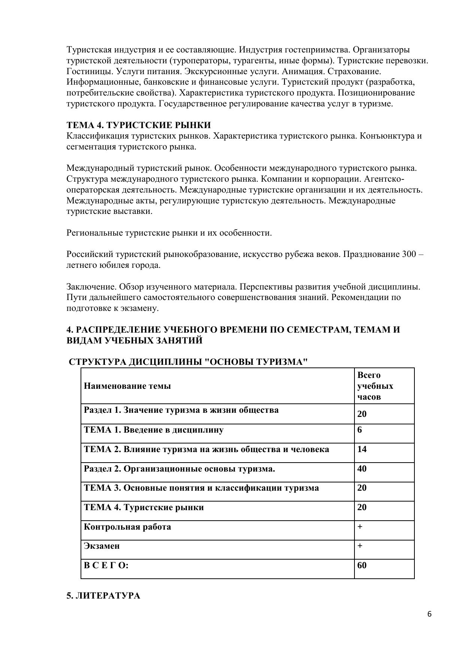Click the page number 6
(429, 614)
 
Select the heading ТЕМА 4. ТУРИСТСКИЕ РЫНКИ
(139, 125)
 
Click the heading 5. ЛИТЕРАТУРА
(103, 596)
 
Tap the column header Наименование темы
(127, 386)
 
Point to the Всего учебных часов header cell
(375, 386)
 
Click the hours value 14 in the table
(362, 449)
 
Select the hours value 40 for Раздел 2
(362, 469)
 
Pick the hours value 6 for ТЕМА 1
(360, 430)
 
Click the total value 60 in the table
(362, 565)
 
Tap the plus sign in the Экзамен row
(360, 546)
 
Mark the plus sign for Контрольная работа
(360, 527)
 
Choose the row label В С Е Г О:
(106, 566)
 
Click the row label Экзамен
(102, 546)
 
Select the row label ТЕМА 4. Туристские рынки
(144, 508)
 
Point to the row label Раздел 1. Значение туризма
(181, 410)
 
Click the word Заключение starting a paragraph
(92, 287)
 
